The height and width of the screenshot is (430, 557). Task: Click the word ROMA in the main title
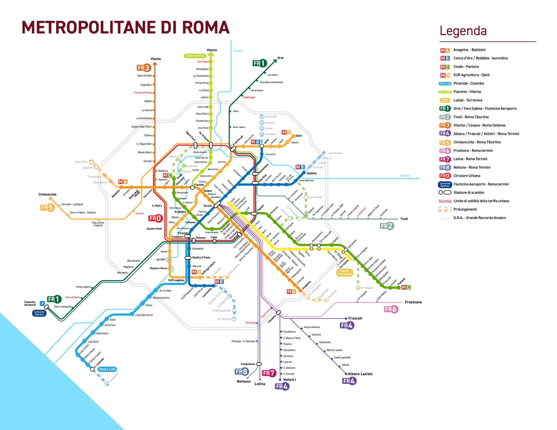pos(206,27)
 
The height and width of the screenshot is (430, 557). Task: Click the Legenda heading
pos(463,31)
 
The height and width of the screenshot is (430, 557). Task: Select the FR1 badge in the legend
pos(445,109)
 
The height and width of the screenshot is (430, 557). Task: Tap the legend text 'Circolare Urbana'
pos(467,176)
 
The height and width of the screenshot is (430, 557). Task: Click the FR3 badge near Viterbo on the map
pos(144,68)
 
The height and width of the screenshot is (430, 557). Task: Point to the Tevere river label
pos(238,51)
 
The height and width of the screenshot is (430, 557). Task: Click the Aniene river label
pos(405,176)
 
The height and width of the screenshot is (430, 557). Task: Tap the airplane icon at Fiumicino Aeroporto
pos(42,303)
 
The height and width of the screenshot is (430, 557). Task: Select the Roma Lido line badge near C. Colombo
pos(107,369)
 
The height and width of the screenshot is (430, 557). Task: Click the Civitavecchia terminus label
pos(47,194)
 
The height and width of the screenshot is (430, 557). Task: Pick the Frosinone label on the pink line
pos(413,302)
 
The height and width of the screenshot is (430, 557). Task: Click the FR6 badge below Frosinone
pos(391,309)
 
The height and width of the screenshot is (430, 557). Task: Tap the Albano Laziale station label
pos(360,374)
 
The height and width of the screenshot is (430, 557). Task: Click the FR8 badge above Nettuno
pos(241,372)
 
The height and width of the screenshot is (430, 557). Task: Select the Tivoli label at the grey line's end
pos(404,219)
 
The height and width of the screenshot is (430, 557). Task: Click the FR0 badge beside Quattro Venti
pos(155,218)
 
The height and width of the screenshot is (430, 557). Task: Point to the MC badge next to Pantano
pos(406,287)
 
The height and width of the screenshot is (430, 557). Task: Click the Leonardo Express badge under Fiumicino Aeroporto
pos(39,313)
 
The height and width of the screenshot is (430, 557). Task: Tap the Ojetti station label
pos(298,136)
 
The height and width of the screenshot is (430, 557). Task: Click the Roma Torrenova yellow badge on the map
pos(345,272)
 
